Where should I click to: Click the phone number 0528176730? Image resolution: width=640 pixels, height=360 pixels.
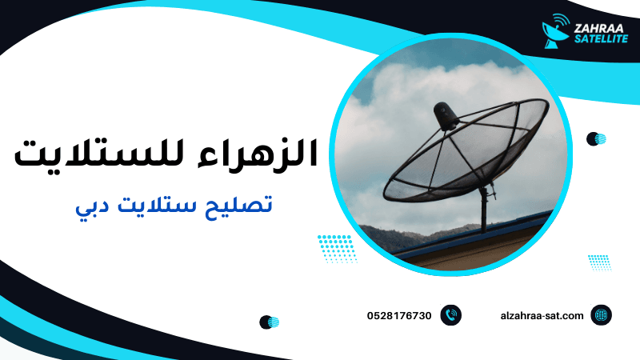(399, 315)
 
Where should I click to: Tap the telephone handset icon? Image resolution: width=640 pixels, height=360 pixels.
(451, 315)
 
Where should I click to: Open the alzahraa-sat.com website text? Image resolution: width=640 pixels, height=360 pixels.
(541, 315)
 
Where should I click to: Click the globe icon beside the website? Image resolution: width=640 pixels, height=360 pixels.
(601, 315)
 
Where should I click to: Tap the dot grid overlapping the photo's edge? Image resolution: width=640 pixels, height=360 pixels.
(337, 248)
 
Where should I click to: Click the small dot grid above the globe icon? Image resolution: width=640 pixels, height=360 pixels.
(598, 262)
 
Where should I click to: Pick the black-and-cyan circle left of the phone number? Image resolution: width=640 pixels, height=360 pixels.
(269, 322)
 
